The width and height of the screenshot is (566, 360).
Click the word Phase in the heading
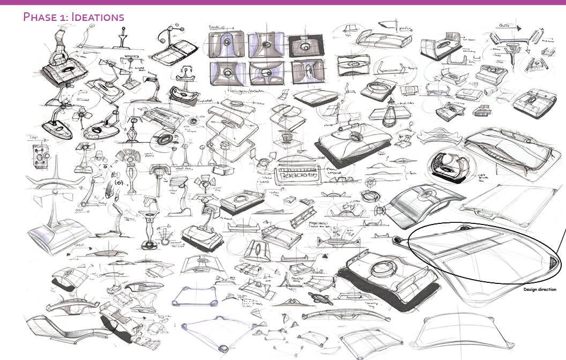[x=39, y=17]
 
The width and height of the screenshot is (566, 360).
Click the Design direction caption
[x=539, y=290]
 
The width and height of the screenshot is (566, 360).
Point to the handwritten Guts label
[x=504, y=25]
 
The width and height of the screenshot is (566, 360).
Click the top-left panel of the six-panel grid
[x=227, y=44]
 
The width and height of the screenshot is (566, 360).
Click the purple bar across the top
[x=283, y=2]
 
